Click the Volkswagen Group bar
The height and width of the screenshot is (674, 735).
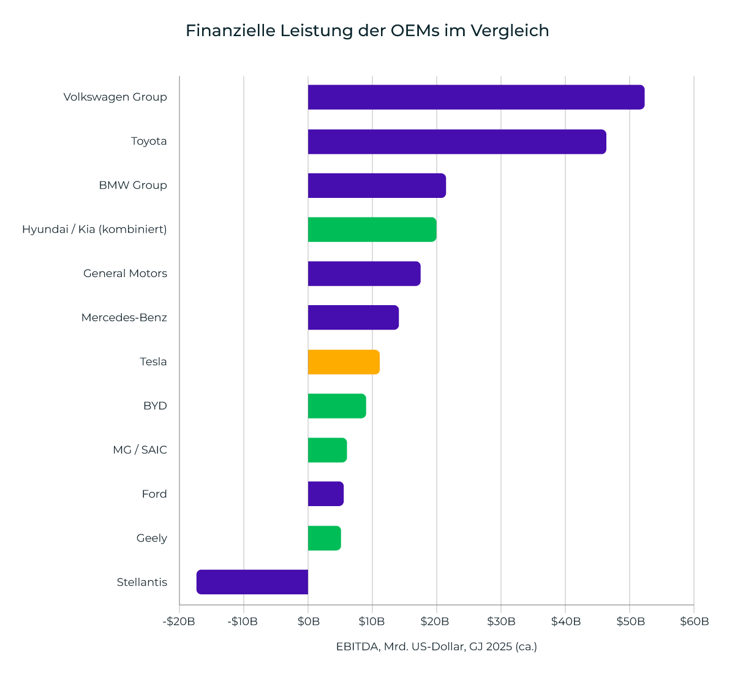pyautogui.click(x=476, y=97)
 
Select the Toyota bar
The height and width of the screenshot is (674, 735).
pyautogui.click(x=457, y=142)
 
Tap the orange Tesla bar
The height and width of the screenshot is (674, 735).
pyautogui.click(x=344, y=362)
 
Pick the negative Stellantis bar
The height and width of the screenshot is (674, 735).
pyautogui.click(x=252, y=582)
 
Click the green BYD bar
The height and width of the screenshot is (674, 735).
pyautogui.click(x=337, y=406)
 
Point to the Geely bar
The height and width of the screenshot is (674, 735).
pyautogui.click(x=324, y=538)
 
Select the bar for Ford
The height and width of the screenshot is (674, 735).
pyautogui.click(x=326, y=494)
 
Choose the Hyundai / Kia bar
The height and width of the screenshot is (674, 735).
pyautogui.click(x=372, y=230)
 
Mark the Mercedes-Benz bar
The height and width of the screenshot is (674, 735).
pyautogui.click(x=353, y=317)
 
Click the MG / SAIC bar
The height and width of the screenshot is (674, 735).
pyautogui.click(x=327, y=450)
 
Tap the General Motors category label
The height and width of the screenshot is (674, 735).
pyautogui.click(x=125, y=273)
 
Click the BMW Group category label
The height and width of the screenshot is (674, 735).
pyautogui.click(x=133, y=185)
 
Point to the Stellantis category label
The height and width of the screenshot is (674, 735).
pyautogui.click(x=142, y=582)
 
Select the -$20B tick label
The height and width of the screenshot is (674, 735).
pyautogui.click(x=179, y=621)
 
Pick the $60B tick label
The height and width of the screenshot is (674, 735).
pyautogui.click(x=695, y=621)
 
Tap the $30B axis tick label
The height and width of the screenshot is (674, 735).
pyautogui.click(x=501, y=621)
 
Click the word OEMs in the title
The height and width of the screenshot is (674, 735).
pyautogui.click(x=415, y=31)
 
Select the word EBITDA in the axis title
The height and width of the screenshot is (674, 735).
pyautogui.click(x=358, y=646)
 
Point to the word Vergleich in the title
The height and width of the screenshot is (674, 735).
pyautogui.click(x=510, y=31)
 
